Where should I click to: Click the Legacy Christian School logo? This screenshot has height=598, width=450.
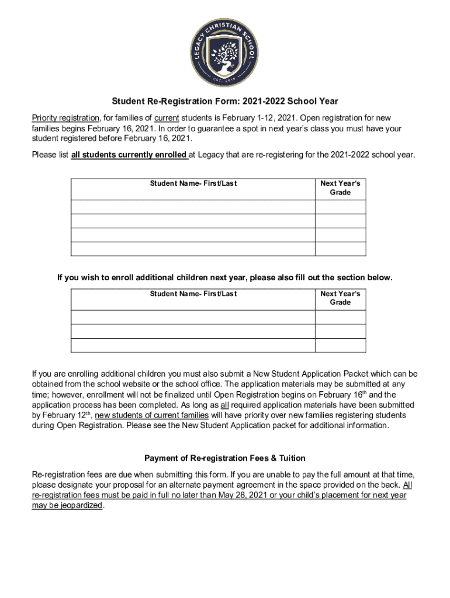225,51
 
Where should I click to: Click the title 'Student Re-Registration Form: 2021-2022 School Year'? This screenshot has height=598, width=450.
225,101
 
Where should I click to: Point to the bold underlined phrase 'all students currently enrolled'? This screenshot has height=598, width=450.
129,155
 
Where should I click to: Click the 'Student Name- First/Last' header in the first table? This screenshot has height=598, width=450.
193,183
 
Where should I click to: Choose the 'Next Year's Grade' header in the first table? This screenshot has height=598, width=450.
340,187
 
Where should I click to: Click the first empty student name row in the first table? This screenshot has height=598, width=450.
193,207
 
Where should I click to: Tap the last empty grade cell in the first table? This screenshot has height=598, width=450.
340,249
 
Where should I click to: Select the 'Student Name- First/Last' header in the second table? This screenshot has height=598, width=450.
193,294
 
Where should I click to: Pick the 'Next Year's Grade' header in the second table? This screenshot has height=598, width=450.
340,298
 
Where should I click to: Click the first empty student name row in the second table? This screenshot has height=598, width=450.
193,317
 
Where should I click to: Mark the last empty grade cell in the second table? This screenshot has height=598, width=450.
340,345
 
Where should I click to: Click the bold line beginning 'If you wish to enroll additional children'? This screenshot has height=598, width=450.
225,278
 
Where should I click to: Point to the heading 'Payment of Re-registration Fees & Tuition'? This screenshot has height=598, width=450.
225,458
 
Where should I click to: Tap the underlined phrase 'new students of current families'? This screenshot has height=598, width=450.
151,415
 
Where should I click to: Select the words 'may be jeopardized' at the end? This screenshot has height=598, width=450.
67,506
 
